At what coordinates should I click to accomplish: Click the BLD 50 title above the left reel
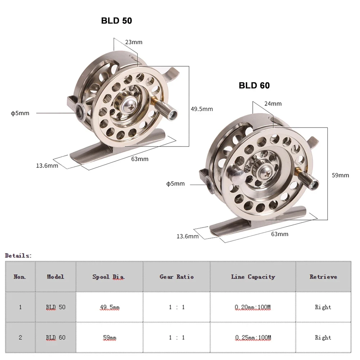[x=116, y=21]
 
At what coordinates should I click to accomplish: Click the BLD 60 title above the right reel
[x=254, y=85]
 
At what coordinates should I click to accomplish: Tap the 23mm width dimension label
[x=134, y=42]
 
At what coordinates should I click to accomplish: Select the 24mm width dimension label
[x=273, y=104]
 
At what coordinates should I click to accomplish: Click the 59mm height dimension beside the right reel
[x=340, y=175]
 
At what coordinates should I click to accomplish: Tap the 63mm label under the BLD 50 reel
[x=139, y=158]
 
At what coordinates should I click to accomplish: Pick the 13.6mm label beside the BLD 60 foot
[x=187, y=236]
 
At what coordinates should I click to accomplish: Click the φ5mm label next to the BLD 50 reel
[x=20, y=113]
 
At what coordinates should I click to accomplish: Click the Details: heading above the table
[x=18, y=255]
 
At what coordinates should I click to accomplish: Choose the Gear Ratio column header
[x=176, y=276]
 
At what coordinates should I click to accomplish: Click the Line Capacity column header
[x=253, y=276]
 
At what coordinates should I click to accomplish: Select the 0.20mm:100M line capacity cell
[x=253, y=307]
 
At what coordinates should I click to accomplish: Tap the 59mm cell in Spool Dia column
[x=109, y=338]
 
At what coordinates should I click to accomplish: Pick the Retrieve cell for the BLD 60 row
[x=323, y=338]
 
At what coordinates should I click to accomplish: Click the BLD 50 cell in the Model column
[x=55, y=307]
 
